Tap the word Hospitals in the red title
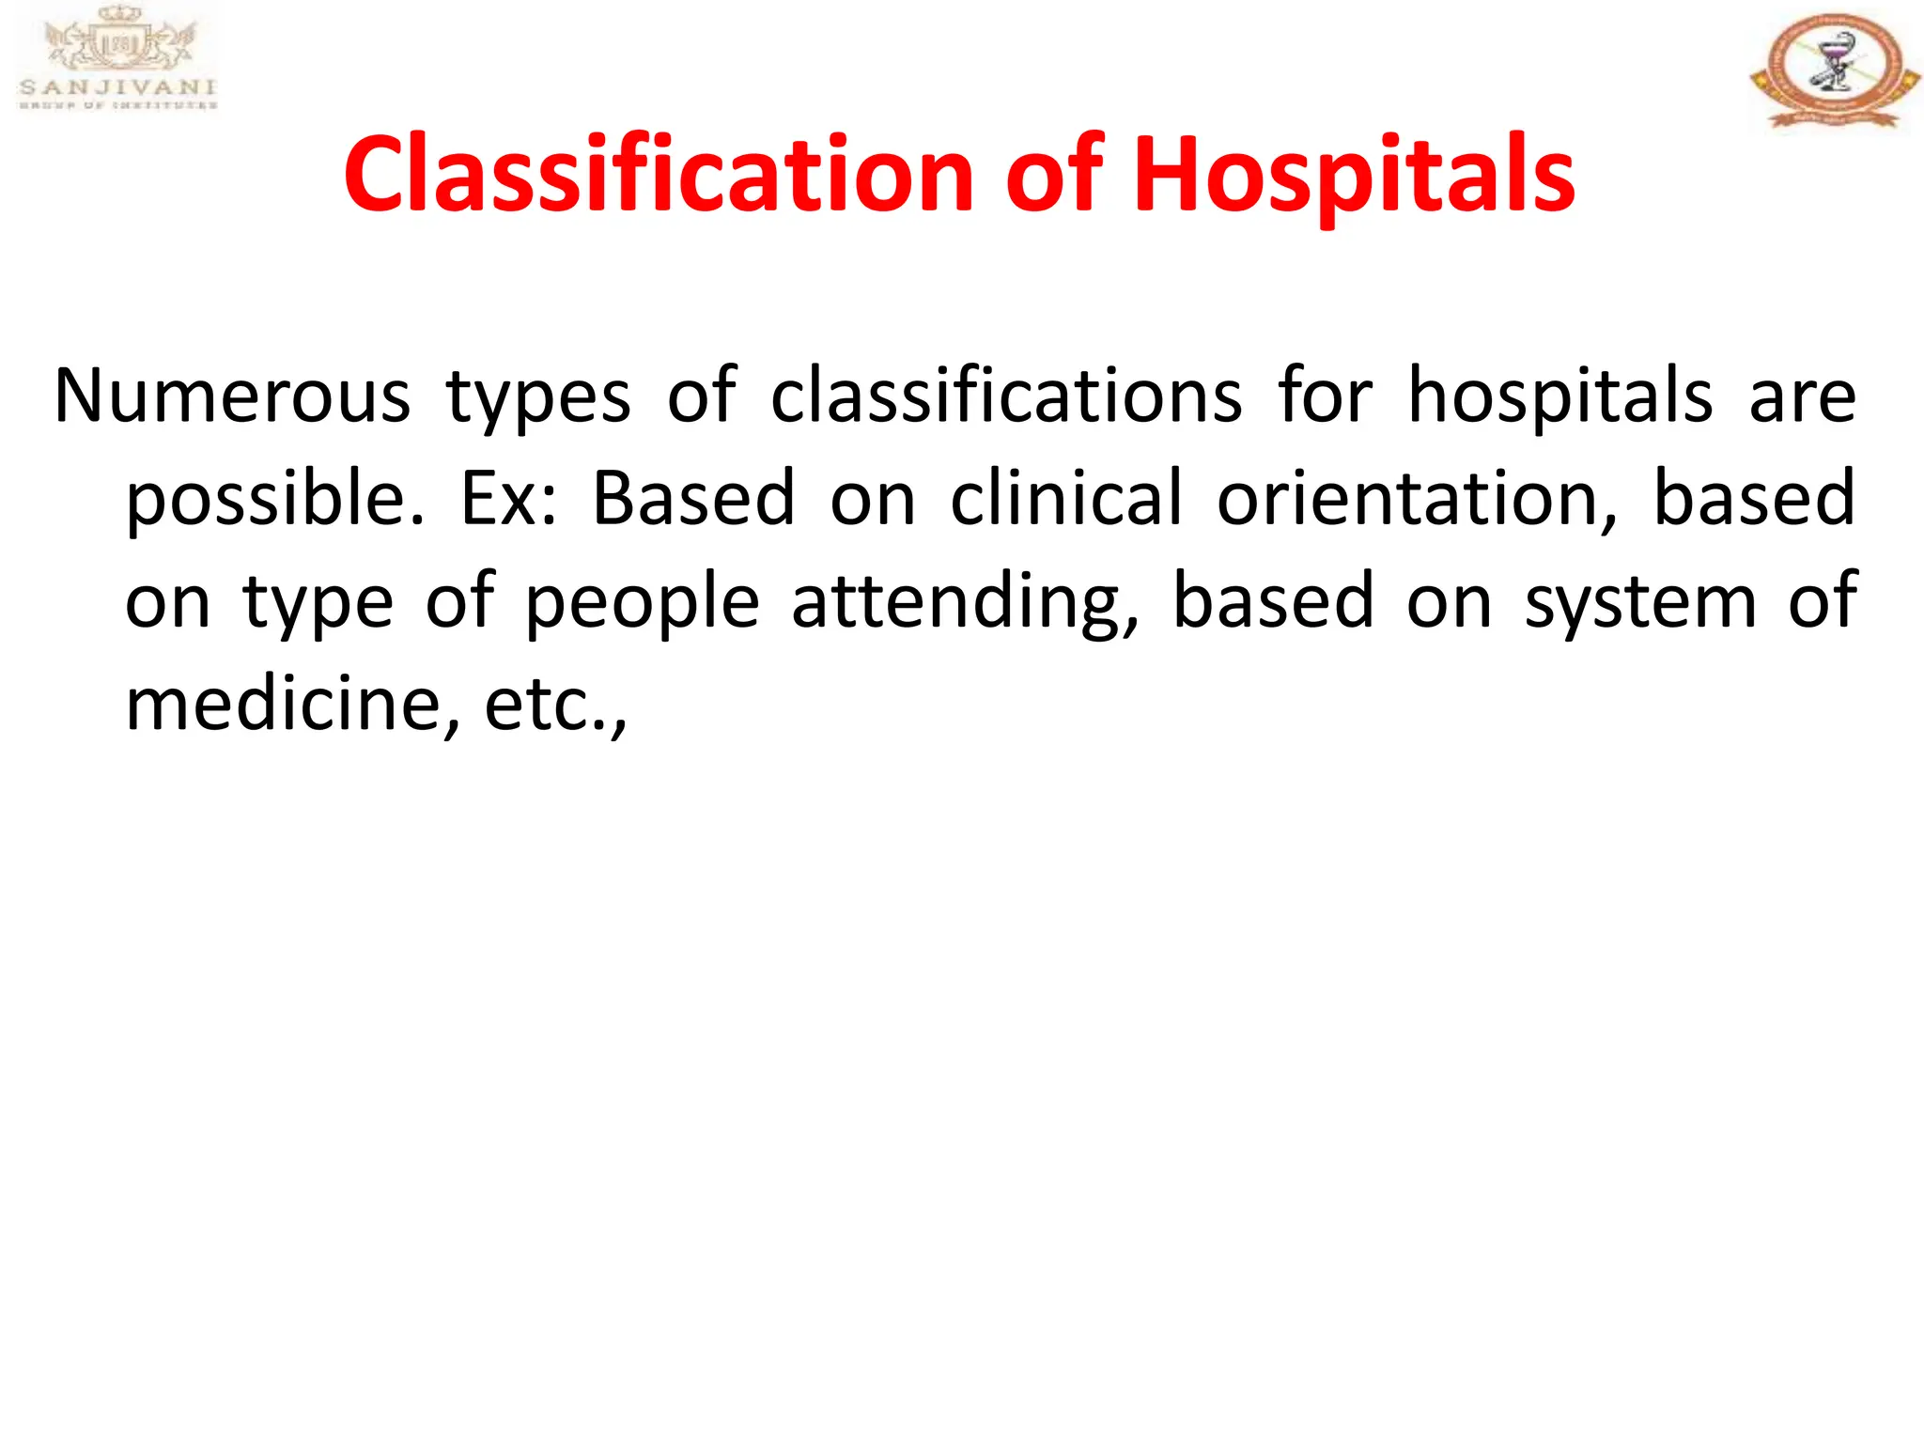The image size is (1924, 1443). coord(1354,175)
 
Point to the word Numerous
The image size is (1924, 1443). coord(232,396)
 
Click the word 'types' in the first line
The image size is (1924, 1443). coord(538,396)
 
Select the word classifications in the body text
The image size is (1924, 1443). coord(1006,396)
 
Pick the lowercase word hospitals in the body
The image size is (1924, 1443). coord(1560,396)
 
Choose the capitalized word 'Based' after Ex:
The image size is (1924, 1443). coord(694,498)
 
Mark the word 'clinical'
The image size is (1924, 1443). coord(1066,498)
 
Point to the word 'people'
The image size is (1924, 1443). coord(642,601)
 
